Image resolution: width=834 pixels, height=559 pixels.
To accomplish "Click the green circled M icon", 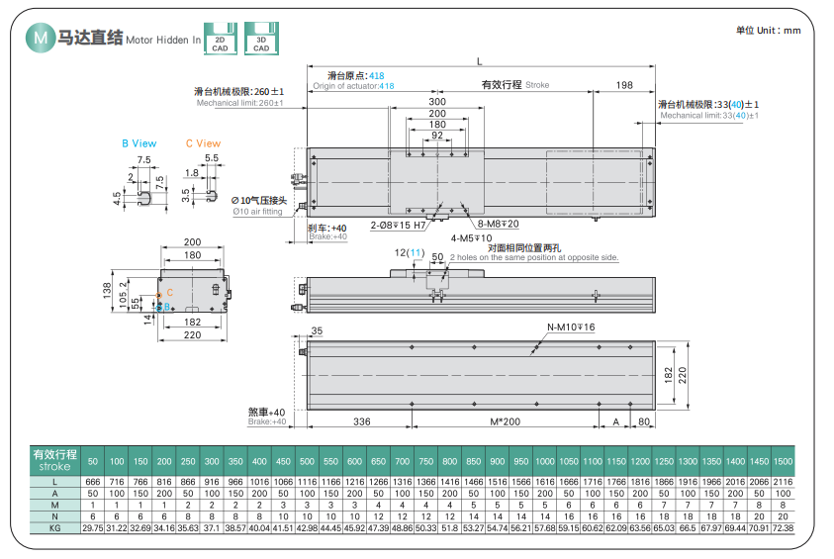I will pyautogui.click(x=41, y=37).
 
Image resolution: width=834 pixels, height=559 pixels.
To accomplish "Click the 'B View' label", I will pyautogui.click(x=139, y=143).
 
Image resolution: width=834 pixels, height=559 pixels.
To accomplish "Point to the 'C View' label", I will pyautogui.click(x=203, y=143).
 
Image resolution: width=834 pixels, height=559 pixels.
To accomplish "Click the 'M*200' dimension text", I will pyautogui.click(x=505, y=421).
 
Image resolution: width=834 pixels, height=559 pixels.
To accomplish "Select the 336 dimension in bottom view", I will pyautogui.click(x=360, y=421).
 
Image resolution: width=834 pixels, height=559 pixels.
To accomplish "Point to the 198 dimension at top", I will pyautogui.click(x=623, y=85).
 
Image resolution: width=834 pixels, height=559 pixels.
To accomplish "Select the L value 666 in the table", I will pyautogui.click(x=93, y=481).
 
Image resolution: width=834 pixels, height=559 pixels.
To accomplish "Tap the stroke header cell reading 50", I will pyautogui.click(x=93, y=463).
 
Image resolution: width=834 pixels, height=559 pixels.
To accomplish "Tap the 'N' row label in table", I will pyautogui.click(x=54, y=516).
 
